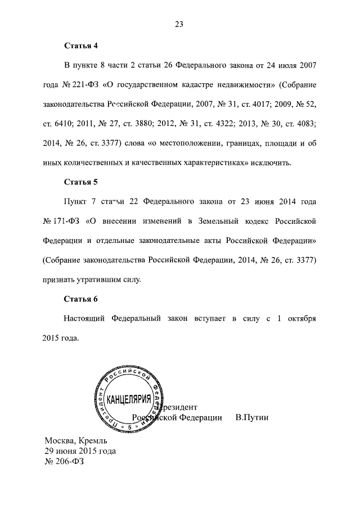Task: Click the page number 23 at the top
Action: tap(180, 24)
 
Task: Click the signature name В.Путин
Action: tap(253, 417)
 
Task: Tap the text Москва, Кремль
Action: tap(75, 440)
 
